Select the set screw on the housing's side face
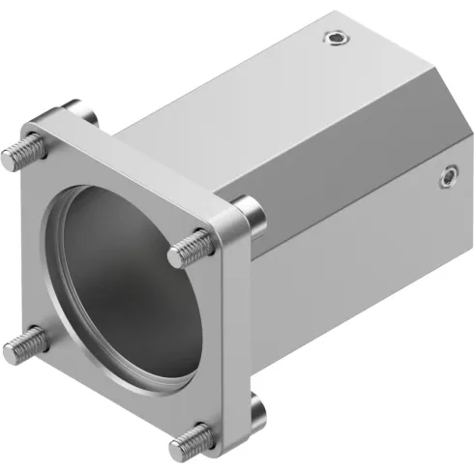(447, 176)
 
